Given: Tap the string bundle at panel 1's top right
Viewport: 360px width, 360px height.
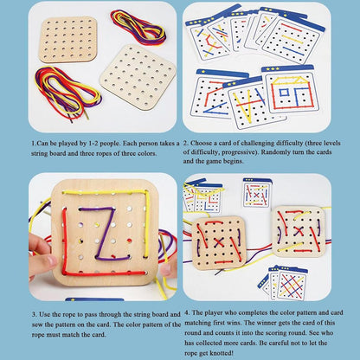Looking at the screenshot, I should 139,28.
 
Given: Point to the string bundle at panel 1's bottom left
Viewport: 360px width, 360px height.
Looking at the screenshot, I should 65,102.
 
